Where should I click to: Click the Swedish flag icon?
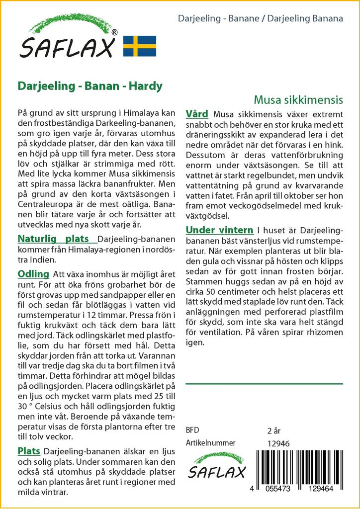[140, 46]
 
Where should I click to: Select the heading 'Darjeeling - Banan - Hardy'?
[90, 86]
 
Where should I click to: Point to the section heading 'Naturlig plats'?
[57, 239]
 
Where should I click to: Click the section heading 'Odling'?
[33, 274]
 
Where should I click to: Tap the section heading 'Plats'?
[29, 451]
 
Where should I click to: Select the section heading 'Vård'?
[196, 114]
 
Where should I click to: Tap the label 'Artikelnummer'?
[210, 443]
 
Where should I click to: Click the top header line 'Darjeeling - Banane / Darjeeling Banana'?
[260, 19]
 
